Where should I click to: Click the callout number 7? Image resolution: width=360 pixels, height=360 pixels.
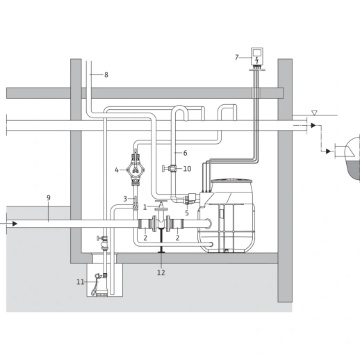click(x=236, y=57)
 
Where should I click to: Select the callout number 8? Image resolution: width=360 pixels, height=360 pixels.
click(x=106, y=75)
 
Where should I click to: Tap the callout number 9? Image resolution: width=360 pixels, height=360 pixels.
click(x=49, y=198)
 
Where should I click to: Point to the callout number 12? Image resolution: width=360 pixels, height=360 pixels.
click(x=161, y=272)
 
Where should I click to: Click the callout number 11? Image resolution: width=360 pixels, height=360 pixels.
click(x=81, y=282)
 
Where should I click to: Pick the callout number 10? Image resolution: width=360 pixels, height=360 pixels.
click(x=187, y=169)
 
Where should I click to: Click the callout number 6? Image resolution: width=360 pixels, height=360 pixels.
click(x=185, y=153)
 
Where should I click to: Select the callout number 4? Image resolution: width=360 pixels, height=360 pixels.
click(x=117, y=170)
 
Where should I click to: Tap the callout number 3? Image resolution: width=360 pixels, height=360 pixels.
click(x=125, y=199)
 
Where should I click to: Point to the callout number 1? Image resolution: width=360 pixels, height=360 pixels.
click(x=145, y=207)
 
